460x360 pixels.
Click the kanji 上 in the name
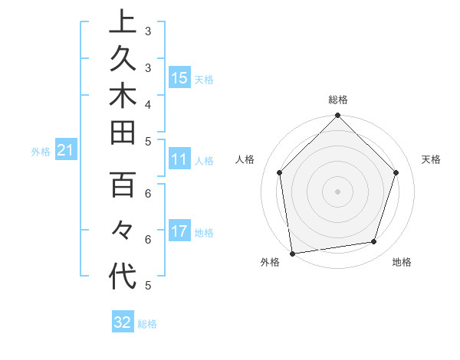[x=123, y=21]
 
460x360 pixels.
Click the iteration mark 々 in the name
[x=123, y=231]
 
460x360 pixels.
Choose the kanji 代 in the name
[x=123, y=276]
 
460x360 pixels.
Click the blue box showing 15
[x=179, y=78]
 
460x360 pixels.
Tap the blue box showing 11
[x=179, y=160]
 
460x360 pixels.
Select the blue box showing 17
[x=179, y=232]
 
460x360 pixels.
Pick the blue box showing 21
[x=66, y=151]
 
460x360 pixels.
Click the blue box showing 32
[x=123, y=322]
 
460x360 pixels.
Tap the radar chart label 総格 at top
[x=338, y=100]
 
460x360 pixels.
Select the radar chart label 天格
[x=432, y=159]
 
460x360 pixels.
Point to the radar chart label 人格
[x=245, y=159]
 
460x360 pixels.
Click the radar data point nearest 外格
[x=292, y=253]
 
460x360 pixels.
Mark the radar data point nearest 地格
[x=374, y=242]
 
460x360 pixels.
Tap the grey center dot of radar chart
[x=338, y=191]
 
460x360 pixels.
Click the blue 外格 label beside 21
[x=41, y=152]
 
